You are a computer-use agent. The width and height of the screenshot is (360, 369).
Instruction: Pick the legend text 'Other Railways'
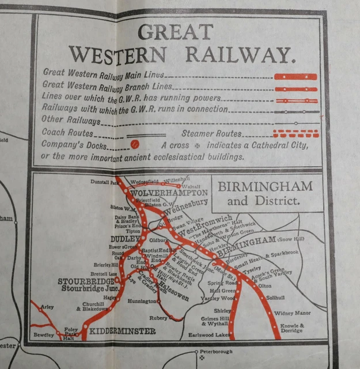(70, 122)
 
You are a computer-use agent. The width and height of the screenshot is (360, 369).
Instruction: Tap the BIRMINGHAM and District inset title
(264, 193)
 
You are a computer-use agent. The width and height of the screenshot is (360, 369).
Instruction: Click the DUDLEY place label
(124, 238)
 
